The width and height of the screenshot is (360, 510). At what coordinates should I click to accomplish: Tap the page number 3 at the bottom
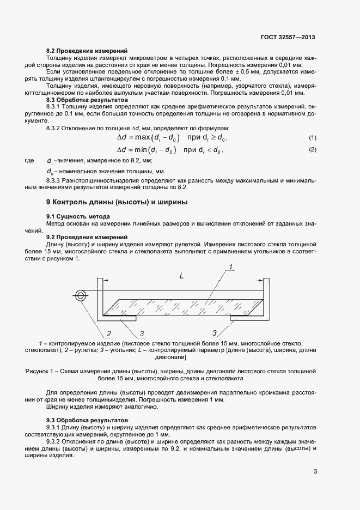315,472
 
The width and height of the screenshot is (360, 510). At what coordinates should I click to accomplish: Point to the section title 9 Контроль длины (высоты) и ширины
117,202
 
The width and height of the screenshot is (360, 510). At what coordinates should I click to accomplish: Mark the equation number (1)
312,137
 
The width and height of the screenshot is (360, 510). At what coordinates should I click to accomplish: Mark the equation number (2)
312,149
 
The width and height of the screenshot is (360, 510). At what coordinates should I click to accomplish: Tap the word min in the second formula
143,149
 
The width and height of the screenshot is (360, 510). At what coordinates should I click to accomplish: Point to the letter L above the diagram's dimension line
181,276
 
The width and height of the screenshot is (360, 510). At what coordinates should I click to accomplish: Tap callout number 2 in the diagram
109,333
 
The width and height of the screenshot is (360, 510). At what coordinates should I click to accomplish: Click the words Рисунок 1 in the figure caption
40,371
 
